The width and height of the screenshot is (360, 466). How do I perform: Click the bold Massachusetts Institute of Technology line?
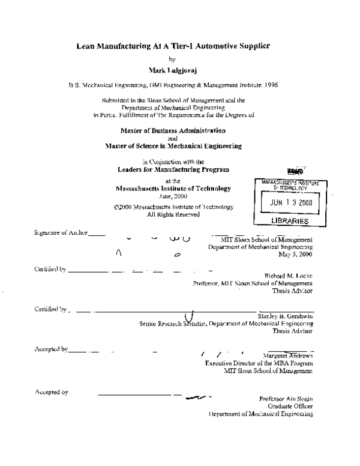tap(173, 188)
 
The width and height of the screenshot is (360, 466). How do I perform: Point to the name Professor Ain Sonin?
tap(286, 399)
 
